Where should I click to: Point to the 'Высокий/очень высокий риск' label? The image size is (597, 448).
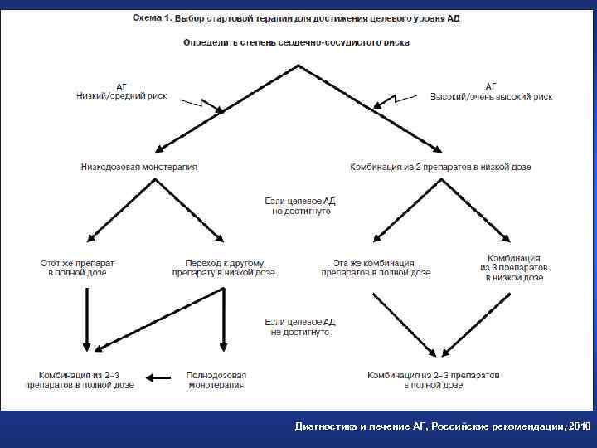tap(491, 95)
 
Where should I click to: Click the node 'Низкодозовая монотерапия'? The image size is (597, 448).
tap(139, 167)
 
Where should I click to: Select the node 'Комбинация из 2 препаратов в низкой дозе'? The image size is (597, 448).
tap(440, 167)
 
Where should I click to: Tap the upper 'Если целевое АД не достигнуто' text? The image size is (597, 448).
tap(300, 206)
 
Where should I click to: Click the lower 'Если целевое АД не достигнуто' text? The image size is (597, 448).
tap(300, 326)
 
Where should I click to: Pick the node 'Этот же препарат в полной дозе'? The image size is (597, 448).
tap(78, 267)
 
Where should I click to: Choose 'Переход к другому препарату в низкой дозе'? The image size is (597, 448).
tap(224, 267)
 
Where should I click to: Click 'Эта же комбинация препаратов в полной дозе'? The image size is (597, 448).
tap(376, 267)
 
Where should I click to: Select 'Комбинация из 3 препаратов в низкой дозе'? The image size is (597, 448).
tap(514, 268)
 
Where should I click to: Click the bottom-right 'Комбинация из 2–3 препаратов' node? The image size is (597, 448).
tap(434, 380)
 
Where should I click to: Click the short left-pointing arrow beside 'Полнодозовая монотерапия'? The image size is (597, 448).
tap(158, 378)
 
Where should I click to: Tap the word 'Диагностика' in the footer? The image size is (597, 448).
tap(326, 426)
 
